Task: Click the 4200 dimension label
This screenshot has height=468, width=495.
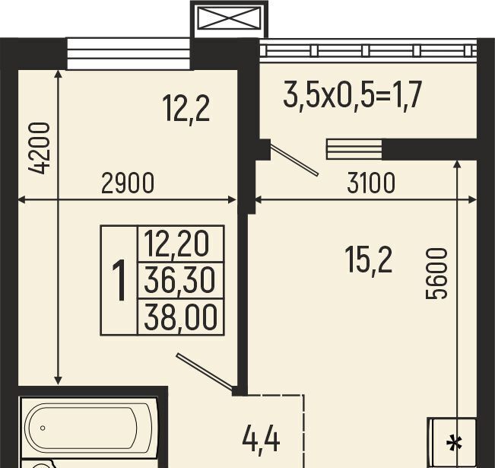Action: click(39, 148)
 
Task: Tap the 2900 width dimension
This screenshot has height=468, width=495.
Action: click(128, 183)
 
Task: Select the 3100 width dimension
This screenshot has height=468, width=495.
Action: click(371, 183)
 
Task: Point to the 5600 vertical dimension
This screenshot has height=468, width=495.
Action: click(436, 273)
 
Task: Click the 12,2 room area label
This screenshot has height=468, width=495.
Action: click(186, 110)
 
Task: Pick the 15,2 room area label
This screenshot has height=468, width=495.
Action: click(369, 260)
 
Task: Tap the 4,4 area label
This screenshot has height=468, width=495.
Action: click(261, 441)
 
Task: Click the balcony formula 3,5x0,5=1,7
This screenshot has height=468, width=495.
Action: click(352, 95)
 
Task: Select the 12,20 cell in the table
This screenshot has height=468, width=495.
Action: click(176, 244)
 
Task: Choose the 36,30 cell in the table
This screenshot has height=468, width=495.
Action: click(179, 280)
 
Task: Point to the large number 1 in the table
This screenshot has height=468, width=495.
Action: click(119, 280)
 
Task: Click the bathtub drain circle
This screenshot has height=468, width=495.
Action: click(43, 428)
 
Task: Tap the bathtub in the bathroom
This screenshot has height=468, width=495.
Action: click(89, 428)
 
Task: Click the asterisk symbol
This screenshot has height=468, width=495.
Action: click(454, 444)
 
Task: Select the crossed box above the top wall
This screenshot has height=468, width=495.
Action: click(230, 18)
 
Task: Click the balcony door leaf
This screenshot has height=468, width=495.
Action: click(294, 160)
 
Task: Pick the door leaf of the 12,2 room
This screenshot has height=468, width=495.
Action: click(205, 371)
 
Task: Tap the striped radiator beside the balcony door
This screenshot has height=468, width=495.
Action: click(354, 149)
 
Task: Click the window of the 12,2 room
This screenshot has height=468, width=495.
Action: click(129, 53)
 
